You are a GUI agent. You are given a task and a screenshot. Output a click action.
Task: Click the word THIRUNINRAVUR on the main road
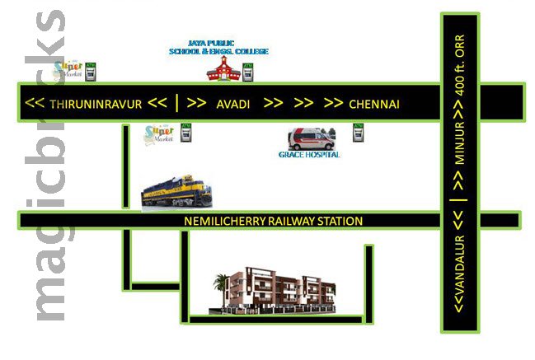96,105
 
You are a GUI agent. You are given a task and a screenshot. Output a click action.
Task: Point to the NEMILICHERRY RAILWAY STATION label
273,221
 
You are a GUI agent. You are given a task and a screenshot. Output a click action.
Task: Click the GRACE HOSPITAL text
309,154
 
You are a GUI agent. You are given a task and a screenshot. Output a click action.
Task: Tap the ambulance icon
309,137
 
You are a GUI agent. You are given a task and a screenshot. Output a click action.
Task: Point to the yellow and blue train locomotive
176,193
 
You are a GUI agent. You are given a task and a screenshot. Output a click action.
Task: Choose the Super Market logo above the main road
69,68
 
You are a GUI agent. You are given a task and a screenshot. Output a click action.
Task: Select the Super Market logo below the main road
160,134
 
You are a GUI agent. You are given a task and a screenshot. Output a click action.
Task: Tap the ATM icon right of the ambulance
358,132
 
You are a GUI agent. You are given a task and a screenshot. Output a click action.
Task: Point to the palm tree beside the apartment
220,288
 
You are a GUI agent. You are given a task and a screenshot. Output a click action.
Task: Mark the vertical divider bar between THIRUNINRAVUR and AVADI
177,105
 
